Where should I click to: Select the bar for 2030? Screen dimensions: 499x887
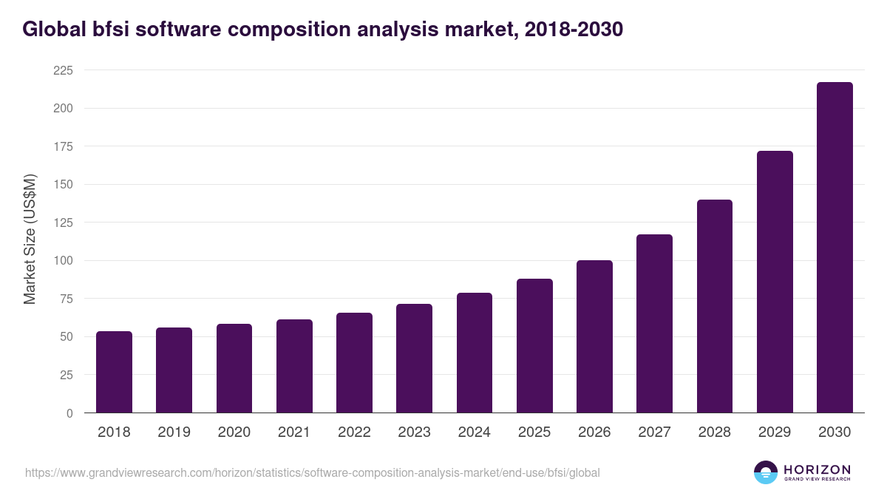(x=835, y=248)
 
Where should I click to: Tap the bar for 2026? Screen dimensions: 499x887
(x=594, y=336)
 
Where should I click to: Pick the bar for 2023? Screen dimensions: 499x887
(x=414, y=359)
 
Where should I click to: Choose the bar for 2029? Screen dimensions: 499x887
(x=775, y=282)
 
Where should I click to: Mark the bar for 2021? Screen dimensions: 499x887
(x=294, y=366)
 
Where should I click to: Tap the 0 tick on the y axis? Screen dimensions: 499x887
(x=69, y=413)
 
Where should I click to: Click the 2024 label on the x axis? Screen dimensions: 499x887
(x=474, y=432)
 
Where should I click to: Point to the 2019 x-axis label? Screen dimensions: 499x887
(x=174, y=432)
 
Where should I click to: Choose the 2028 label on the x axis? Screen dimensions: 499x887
(x=714, y=432)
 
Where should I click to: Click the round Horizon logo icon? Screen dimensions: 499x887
(x=766, y=472)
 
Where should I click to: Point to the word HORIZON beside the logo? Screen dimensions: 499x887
(x=817, y=469)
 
